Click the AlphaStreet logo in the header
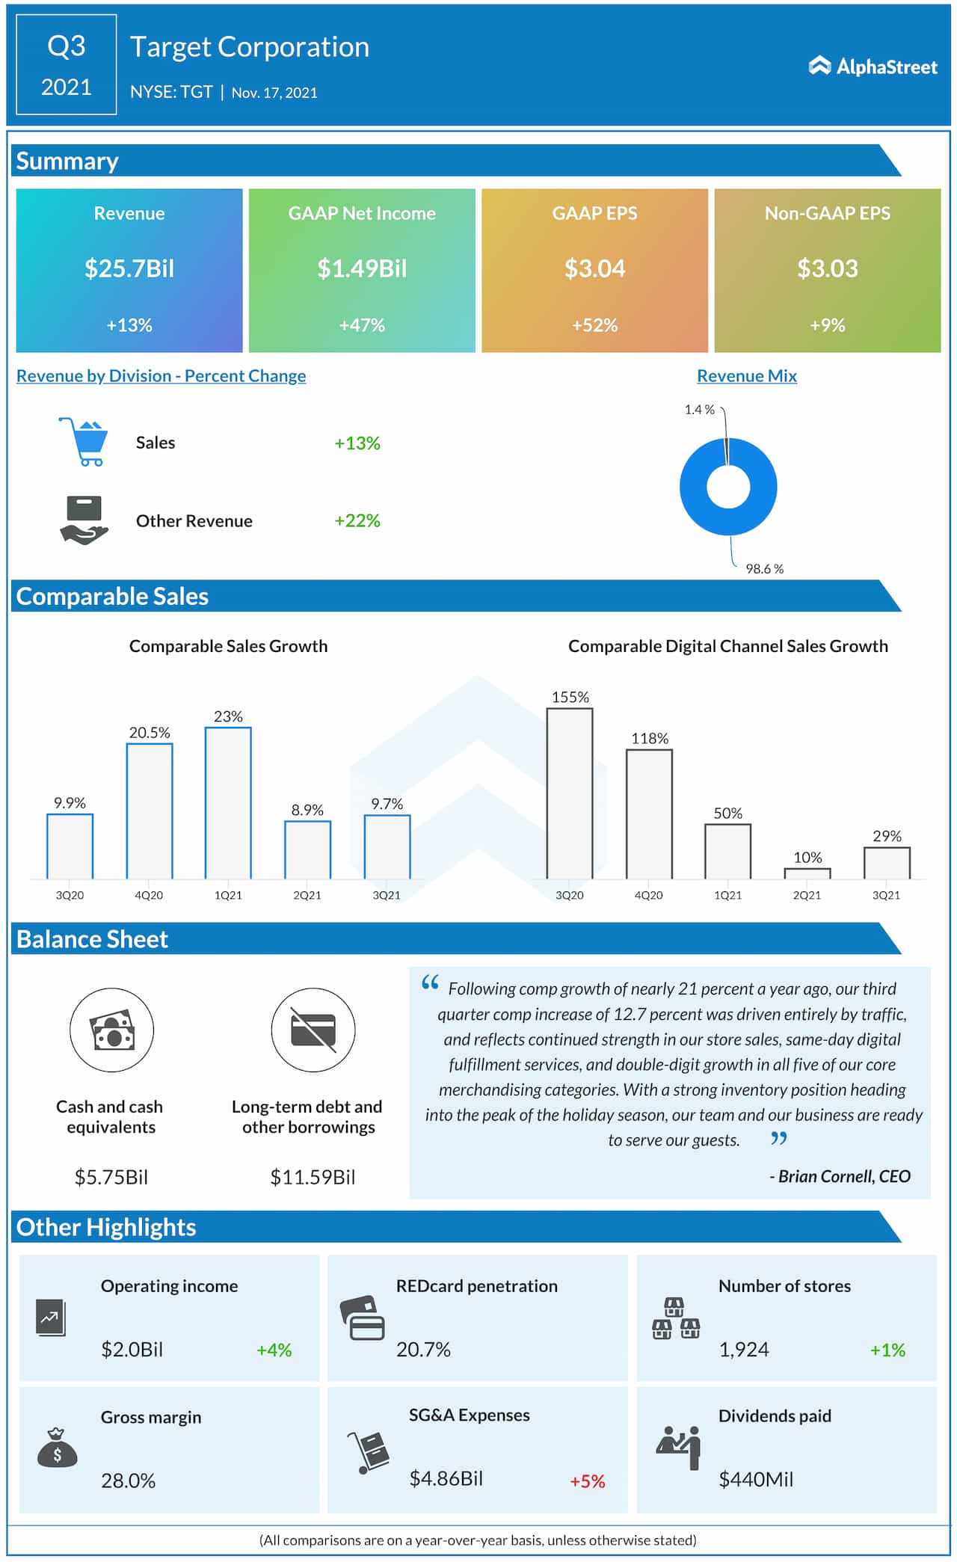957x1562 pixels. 873,67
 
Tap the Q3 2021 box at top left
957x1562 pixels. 67,66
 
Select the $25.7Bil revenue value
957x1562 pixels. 129,268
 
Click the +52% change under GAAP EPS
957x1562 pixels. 594,325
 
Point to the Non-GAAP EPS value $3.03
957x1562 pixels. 827,268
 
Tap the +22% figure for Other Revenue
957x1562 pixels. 357,520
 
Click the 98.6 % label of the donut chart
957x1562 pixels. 764,569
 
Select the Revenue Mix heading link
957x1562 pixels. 746,376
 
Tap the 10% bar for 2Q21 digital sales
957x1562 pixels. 807,873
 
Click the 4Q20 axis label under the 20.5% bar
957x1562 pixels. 149,895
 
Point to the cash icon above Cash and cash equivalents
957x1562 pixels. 112,1030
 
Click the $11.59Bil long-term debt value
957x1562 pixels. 313,1177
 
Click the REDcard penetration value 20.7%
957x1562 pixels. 423,1350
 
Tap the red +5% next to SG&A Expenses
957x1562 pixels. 587,1481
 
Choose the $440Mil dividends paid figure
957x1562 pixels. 755,1479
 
